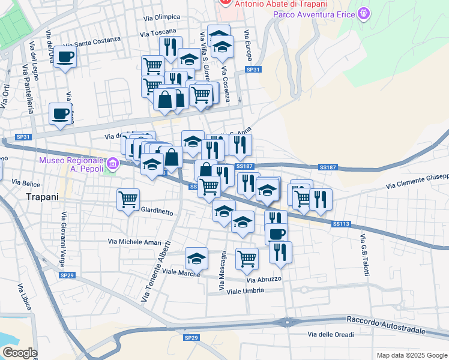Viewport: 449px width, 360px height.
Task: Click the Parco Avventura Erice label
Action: coord(312,13)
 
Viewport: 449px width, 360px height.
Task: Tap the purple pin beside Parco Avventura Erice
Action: coord(363,13)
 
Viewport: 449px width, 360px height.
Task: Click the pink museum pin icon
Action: coord(112,163)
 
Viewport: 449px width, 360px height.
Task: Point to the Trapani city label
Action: coord(42,197)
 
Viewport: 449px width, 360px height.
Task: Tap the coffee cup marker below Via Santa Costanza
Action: coord(65,58)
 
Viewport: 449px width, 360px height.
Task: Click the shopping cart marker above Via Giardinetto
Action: coord(128,199)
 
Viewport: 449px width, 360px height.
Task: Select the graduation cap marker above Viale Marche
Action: coord(196,258)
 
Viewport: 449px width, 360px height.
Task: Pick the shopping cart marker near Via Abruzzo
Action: coord(247,259)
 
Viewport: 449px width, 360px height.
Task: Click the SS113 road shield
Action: coord(341,224)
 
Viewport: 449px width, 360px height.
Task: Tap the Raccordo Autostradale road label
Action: coord(386,325)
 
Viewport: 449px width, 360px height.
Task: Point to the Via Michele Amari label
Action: coord(134,242)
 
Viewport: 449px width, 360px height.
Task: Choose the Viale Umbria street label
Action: coord(245,291)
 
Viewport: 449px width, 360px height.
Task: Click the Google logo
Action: coord(20,352)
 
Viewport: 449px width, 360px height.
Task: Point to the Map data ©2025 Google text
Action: coord(411,355)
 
